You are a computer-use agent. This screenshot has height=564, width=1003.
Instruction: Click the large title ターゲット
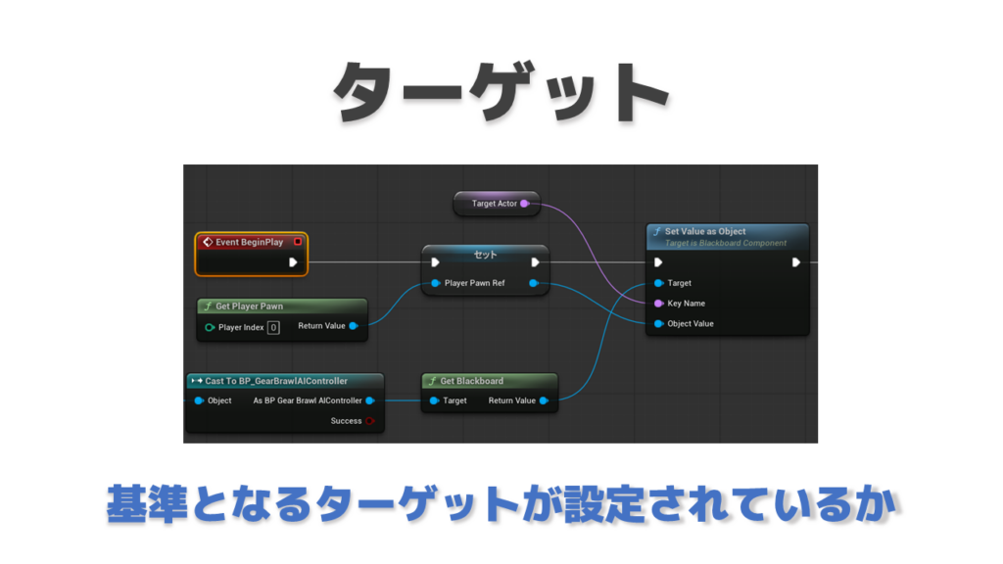coord(501,91)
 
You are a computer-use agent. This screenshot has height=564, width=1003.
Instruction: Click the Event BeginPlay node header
coord(252,243)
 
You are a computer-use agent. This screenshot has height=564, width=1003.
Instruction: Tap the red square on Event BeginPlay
coord(298,242)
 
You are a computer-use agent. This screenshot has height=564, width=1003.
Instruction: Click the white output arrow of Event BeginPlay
coord(293,262)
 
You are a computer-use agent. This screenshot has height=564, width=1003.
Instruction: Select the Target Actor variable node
coord(497,204)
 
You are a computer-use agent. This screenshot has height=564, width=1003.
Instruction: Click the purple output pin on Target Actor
coord(525,204)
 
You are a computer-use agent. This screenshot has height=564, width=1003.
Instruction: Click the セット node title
coord(485,255)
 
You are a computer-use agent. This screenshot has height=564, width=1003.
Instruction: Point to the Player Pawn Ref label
coord(475,283)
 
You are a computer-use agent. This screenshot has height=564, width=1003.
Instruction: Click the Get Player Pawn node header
coord(282,306)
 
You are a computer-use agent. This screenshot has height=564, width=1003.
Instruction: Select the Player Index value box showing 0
coord(273,327)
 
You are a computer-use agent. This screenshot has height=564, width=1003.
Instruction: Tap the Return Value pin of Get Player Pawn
coord(353,326)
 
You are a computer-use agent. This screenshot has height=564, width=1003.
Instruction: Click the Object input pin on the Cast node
coord(199,400)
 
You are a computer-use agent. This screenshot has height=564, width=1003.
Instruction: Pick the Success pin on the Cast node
coord(369,421)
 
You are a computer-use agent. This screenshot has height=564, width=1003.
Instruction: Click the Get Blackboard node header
coord(490,381)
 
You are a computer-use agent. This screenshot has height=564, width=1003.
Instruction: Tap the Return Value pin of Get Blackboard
coord(544,400)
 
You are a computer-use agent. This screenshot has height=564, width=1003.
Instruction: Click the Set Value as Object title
coord(705,231)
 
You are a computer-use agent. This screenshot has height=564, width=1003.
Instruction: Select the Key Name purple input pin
coord(658,304)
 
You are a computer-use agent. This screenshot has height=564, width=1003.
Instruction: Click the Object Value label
coord(691,323)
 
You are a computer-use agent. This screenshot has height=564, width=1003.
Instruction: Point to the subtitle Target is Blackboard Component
coord(726,243)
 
